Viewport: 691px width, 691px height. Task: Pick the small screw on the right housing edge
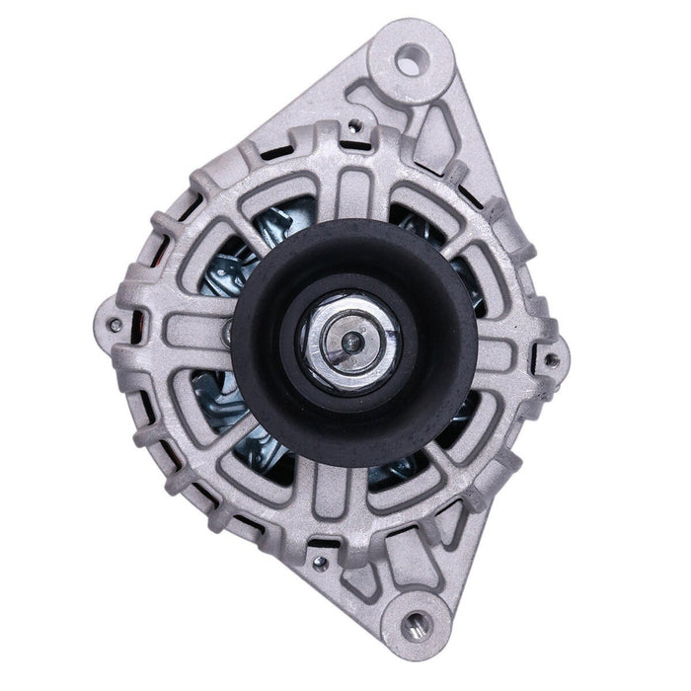point(553,357)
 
